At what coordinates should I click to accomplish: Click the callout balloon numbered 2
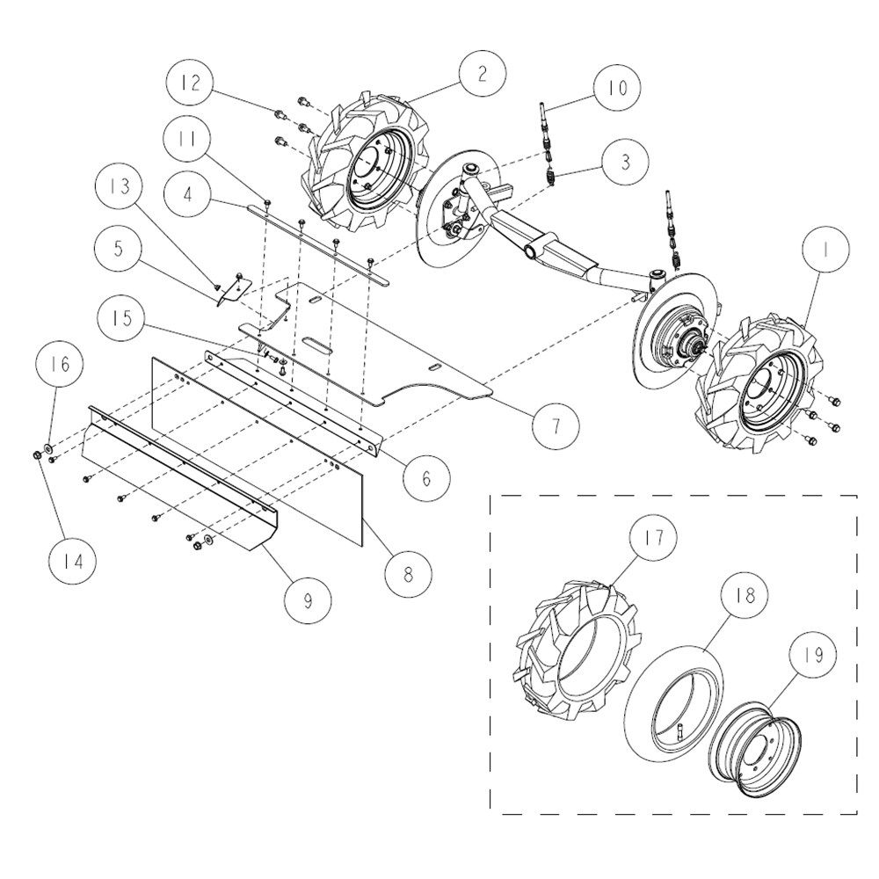(482, 74)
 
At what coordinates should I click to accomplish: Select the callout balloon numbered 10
(618, 87)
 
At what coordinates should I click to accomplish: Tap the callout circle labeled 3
(625, 161)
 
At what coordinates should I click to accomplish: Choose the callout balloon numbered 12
(190, 83)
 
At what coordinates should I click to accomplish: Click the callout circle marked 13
(119, 186)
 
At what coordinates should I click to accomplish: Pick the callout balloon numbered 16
(60, 364)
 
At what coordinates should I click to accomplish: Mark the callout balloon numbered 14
(72, 561)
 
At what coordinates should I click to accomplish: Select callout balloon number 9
(308, 600)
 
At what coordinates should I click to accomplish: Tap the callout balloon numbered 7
(556, 426)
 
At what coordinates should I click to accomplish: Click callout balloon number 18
(745, 595)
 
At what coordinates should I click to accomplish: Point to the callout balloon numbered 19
(813, 654)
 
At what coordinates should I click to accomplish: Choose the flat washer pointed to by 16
(47, 448)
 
